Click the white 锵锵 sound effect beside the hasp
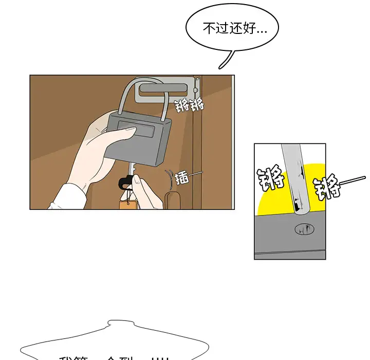pyautogui.click(x=189, y=106)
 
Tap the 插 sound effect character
pyautogui.click(x=181, y=178)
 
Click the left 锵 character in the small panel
pyautogui.click(x=271, y=178)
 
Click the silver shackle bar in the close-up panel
pyautogui.click(x=293, y=177)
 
